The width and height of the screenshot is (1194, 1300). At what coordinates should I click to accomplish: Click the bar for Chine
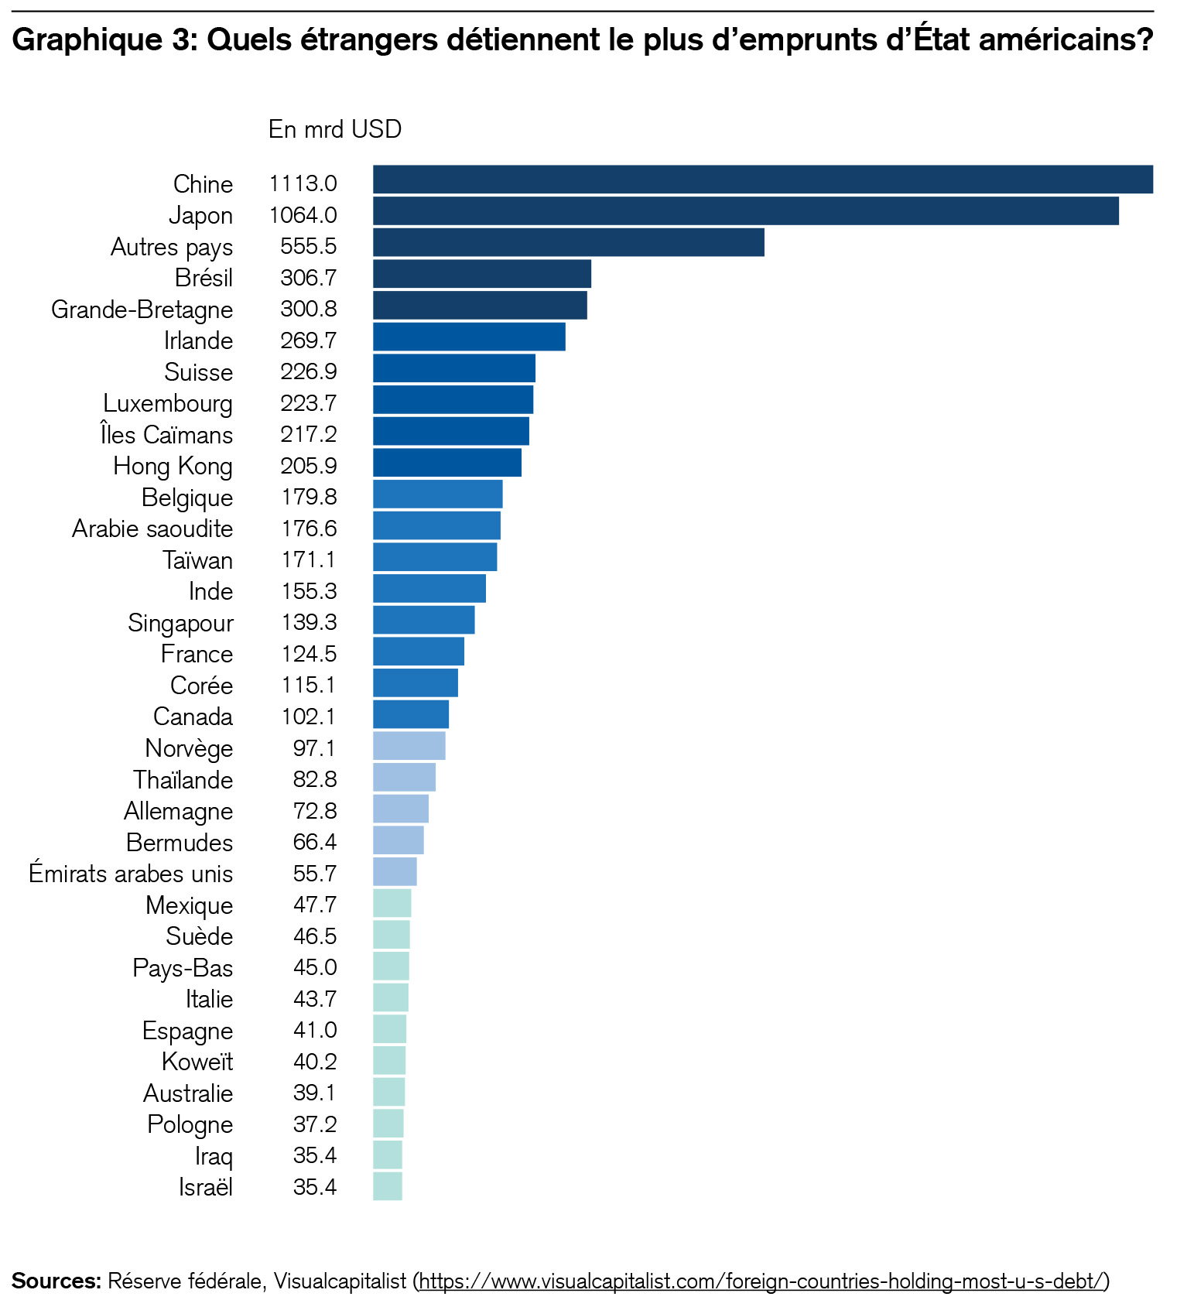[762, 180]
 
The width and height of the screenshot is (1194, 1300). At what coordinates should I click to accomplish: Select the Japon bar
[745, 211]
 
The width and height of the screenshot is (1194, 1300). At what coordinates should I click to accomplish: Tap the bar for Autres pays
[568, 242]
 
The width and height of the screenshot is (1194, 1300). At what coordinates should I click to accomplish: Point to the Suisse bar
[453, 368]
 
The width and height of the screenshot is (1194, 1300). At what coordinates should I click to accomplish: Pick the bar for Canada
[410, 714]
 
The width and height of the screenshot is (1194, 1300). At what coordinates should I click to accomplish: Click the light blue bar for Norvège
[409, 746]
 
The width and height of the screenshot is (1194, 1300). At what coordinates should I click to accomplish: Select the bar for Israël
[387, 1186]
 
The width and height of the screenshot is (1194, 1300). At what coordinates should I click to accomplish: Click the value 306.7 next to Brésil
[308, 278]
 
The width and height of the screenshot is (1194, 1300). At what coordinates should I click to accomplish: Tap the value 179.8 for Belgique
[308, 497]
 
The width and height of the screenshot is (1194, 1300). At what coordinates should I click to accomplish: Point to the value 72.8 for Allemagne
[314, 811]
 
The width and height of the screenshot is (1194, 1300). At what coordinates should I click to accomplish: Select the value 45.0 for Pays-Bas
[314, 967]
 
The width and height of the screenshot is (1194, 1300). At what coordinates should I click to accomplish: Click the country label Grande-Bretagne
[142, 310]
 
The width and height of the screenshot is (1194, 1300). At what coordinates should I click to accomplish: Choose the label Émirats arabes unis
[130, 874]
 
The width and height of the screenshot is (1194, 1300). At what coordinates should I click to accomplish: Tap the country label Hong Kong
[173, 466]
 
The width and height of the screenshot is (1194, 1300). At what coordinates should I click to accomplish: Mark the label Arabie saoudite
[152, 529]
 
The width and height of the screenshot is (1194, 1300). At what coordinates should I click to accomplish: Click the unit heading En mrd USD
[334, 129]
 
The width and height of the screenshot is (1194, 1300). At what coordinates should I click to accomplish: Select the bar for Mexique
[392, 903]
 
